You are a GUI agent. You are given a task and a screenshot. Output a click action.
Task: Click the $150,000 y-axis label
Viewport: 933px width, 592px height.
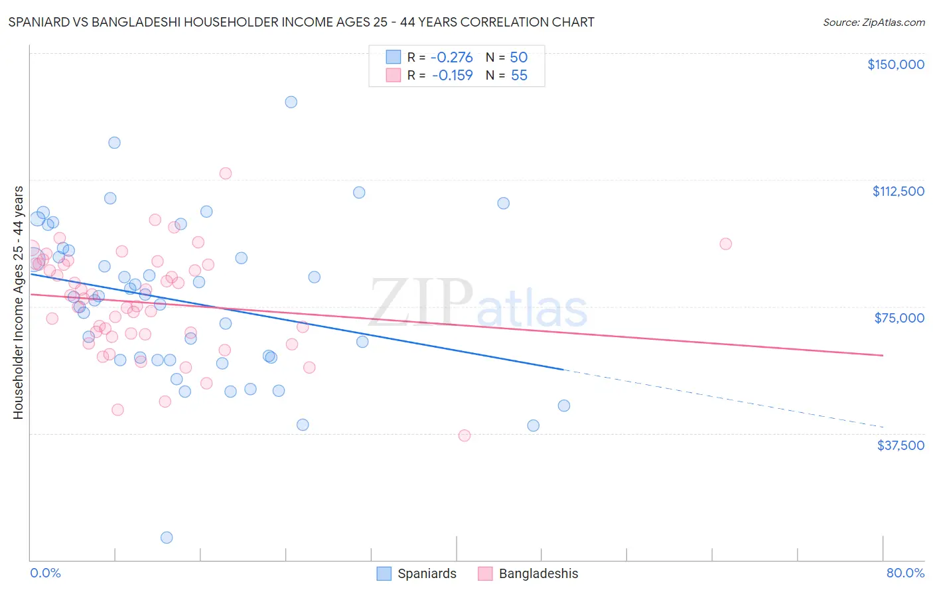(895, 64)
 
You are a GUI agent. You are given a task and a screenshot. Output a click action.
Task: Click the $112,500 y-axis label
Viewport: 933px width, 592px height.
(898, 191)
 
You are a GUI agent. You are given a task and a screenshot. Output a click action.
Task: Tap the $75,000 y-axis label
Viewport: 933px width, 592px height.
(899, 318)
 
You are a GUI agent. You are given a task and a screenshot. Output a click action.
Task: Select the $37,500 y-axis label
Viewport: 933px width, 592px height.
(900, 445)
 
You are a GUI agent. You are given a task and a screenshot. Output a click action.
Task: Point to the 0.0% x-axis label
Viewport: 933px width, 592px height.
(45, 573)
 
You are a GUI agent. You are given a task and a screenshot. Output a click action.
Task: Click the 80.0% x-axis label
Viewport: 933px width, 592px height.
(905, 573)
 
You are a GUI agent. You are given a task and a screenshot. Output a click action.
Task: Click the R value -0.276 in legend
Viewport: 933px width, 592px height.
(452, 57)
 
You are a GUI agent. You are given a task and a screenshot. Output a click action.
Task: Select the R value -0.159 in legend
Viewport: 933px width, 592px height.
(452, 75)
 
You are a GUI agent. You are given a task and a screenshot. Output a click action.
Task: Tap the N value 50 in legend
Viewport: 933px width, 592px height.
(518, 57)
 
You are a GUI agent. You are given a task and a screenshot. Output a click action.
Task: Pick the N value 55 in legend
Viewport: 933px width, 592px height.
(518, 75)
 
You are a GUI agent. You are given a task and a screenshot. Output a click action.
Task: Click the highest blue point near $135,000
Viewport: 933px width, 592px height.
(291, 102)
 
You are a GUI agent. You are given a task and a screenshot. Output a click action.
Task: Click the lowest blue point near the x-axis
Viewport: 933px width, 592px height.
(167, 538)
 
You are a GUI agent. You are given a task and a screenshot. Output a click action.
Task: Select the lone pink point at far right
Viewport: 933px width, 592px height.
(725, 244)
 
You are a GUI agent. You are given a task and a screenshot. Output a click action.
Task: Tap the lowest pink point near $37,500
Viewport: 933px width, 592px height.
(465, 435)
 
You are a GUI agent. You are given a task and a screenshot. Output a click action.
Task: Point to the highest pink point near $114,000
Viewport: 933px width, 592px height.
(226, 173)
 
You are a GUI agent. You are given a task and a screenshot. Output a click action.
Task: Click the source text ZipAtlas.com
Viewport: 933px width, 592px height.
(873, 22)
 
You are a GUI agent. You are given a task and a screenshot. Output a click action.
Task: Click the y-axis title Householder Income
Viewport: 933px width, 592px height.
(18, 302)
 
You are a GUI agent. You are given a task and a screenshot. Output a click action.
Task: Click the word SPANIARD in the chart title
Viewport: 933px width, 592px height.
(40, 22)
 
